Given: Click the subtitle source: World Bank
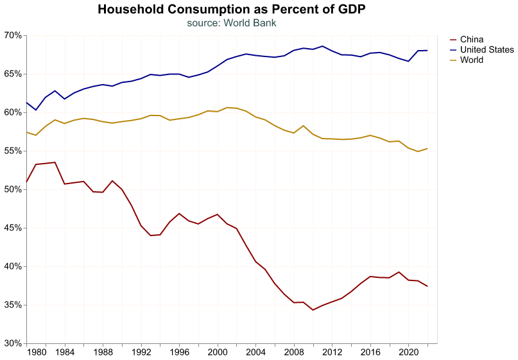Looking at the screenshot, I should (232, 22).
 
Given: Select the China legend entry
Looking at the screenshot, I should (471, 39).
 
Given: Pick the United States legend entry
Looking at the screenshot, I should (487, 49).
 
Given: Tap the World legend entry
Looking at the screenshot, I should (471, 60).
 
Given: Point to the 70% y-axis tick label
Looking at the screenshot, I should (12, 35).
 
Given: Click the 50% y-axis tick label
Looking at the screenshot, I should (12, 189).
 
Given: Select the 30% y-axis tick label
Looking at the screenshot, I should (12, 343).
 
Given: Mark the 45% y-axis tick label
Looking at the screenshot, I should (12, 228).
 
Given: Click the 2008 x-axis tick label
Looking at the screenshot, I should (294, 352).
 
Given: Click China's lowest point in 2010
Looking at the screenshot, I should (313, 310).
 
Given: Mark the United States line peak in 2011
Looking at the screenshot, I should (322, 46).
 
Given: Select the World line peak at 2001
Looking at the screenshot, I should (227, 107).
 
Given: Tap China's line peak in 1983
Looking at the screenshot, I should (55, 162).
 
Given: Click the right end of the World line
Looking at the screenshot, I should (427, 149).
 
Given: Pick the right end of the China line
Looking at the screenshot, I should (427, 286).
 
